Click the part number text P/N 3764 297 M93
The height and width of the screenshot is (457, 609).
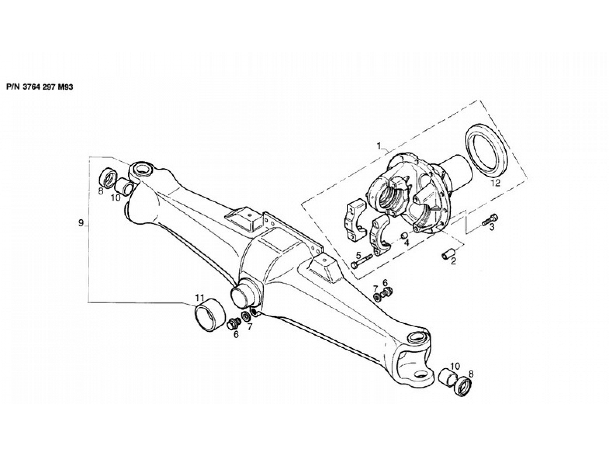40,87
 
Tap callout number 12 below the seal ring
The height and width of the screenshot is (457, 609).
496,183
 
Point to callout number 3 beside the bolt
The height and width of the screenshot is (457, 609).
492,227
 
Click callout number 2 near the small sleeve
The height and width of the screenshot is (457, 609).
453,261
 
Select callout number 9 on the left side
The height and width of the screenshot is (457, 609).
81,223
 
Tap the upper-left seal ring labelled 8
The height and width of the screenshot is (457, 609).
108,177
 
